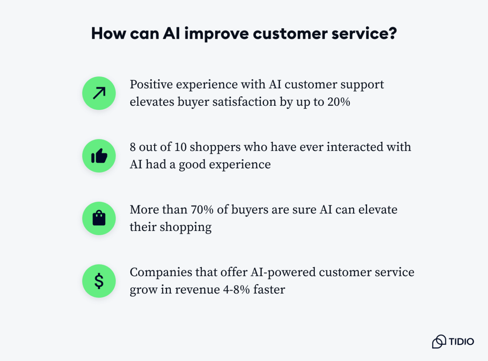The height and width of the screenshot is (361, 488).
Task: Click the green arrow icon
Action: click(99, 93)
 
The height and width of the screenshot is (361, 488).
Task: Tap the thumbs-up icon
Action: click(99, 156)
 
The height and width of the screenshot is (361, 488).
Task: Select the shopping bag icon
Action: click(99, 218)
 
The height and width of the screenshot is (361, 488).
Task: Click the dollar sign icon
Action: click(99, 281)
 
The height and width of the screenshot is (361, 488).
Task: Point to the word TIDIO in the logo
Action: click(461, 341)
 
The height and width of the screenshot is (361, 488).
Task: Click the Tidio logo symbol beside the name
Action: click(439, 341)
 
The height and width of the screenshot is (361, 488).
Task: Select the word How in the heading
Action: click(108, 34)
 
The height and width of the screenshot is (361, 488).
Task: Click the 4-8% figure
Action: click(238, 290)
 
